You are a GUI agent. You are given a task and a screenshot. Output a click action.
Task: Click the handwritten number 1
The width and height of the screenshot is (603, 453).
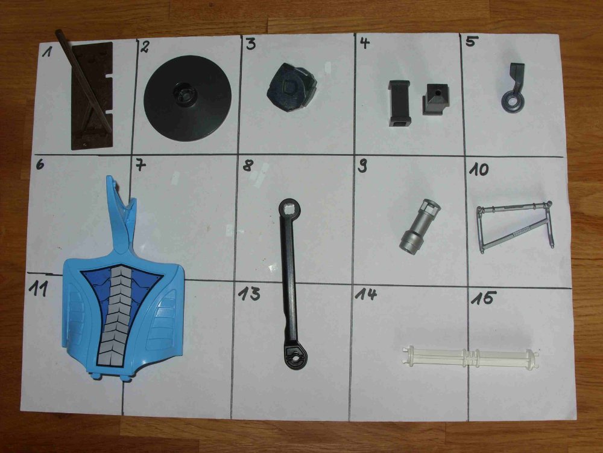pos(47,51)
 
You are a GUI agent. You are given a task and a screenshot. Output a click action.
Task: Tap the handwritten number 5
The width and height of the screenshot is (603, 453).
pos(470,41)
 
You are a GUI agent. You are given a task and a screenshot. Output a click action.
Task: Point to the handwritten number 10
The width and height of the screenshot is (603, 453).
pos(478,170)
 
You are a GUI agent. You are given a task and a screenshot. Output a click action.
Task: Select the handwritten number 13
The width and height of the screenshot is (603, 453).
pos(249,294)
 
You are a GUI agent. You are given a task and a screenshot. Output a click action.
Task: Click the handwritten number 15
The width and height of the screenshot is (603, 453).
pos(484,298)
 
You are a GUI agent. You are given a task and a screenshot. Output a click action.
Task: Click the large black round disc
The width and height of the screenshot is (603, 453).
pos(188,98)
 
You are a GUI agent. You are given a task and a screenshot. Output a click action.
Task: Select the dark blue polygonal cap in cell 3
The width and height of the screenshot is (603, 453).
pos(292,86)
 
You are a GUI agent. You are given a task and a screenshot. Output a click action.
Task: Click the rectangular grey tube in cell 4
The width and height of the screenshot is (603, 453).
pos(399,103)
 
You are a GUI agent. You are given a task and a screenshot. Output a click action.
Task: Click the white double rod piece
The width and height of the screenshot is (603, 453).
pos(470,358)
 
